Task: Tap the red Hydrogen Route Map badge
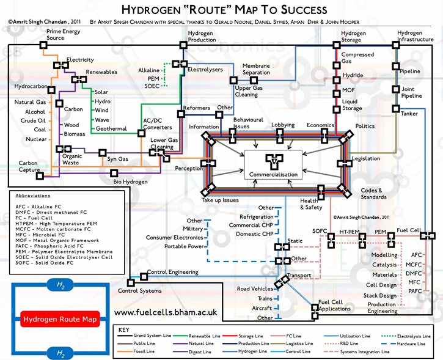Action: pyautogui.click(x=59, y=318)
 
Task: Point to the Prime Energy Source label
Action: pyautogui.click(x=64, y=34)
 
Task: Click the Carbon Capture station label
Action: pyautogui.click(x=28, y=166)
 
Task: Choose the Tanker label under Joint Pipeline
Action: pyautogui.click(x=409, y=113)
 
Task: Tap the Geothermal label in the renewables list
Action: pyautogui.click(x=111, y=129)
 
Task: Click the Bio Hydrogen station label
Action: pyautogui.click(x=130, y=182)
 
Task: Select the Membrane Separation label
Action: pyautogui.click(x=256, y=68)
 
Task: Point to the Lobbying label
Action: pyautogui.click(x=283, y=125)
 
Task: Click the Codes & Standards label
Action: pyautogui.click(x=372, y=193)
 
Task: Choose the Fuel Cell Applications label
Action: pyautogui.click(x=334, y=306)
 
